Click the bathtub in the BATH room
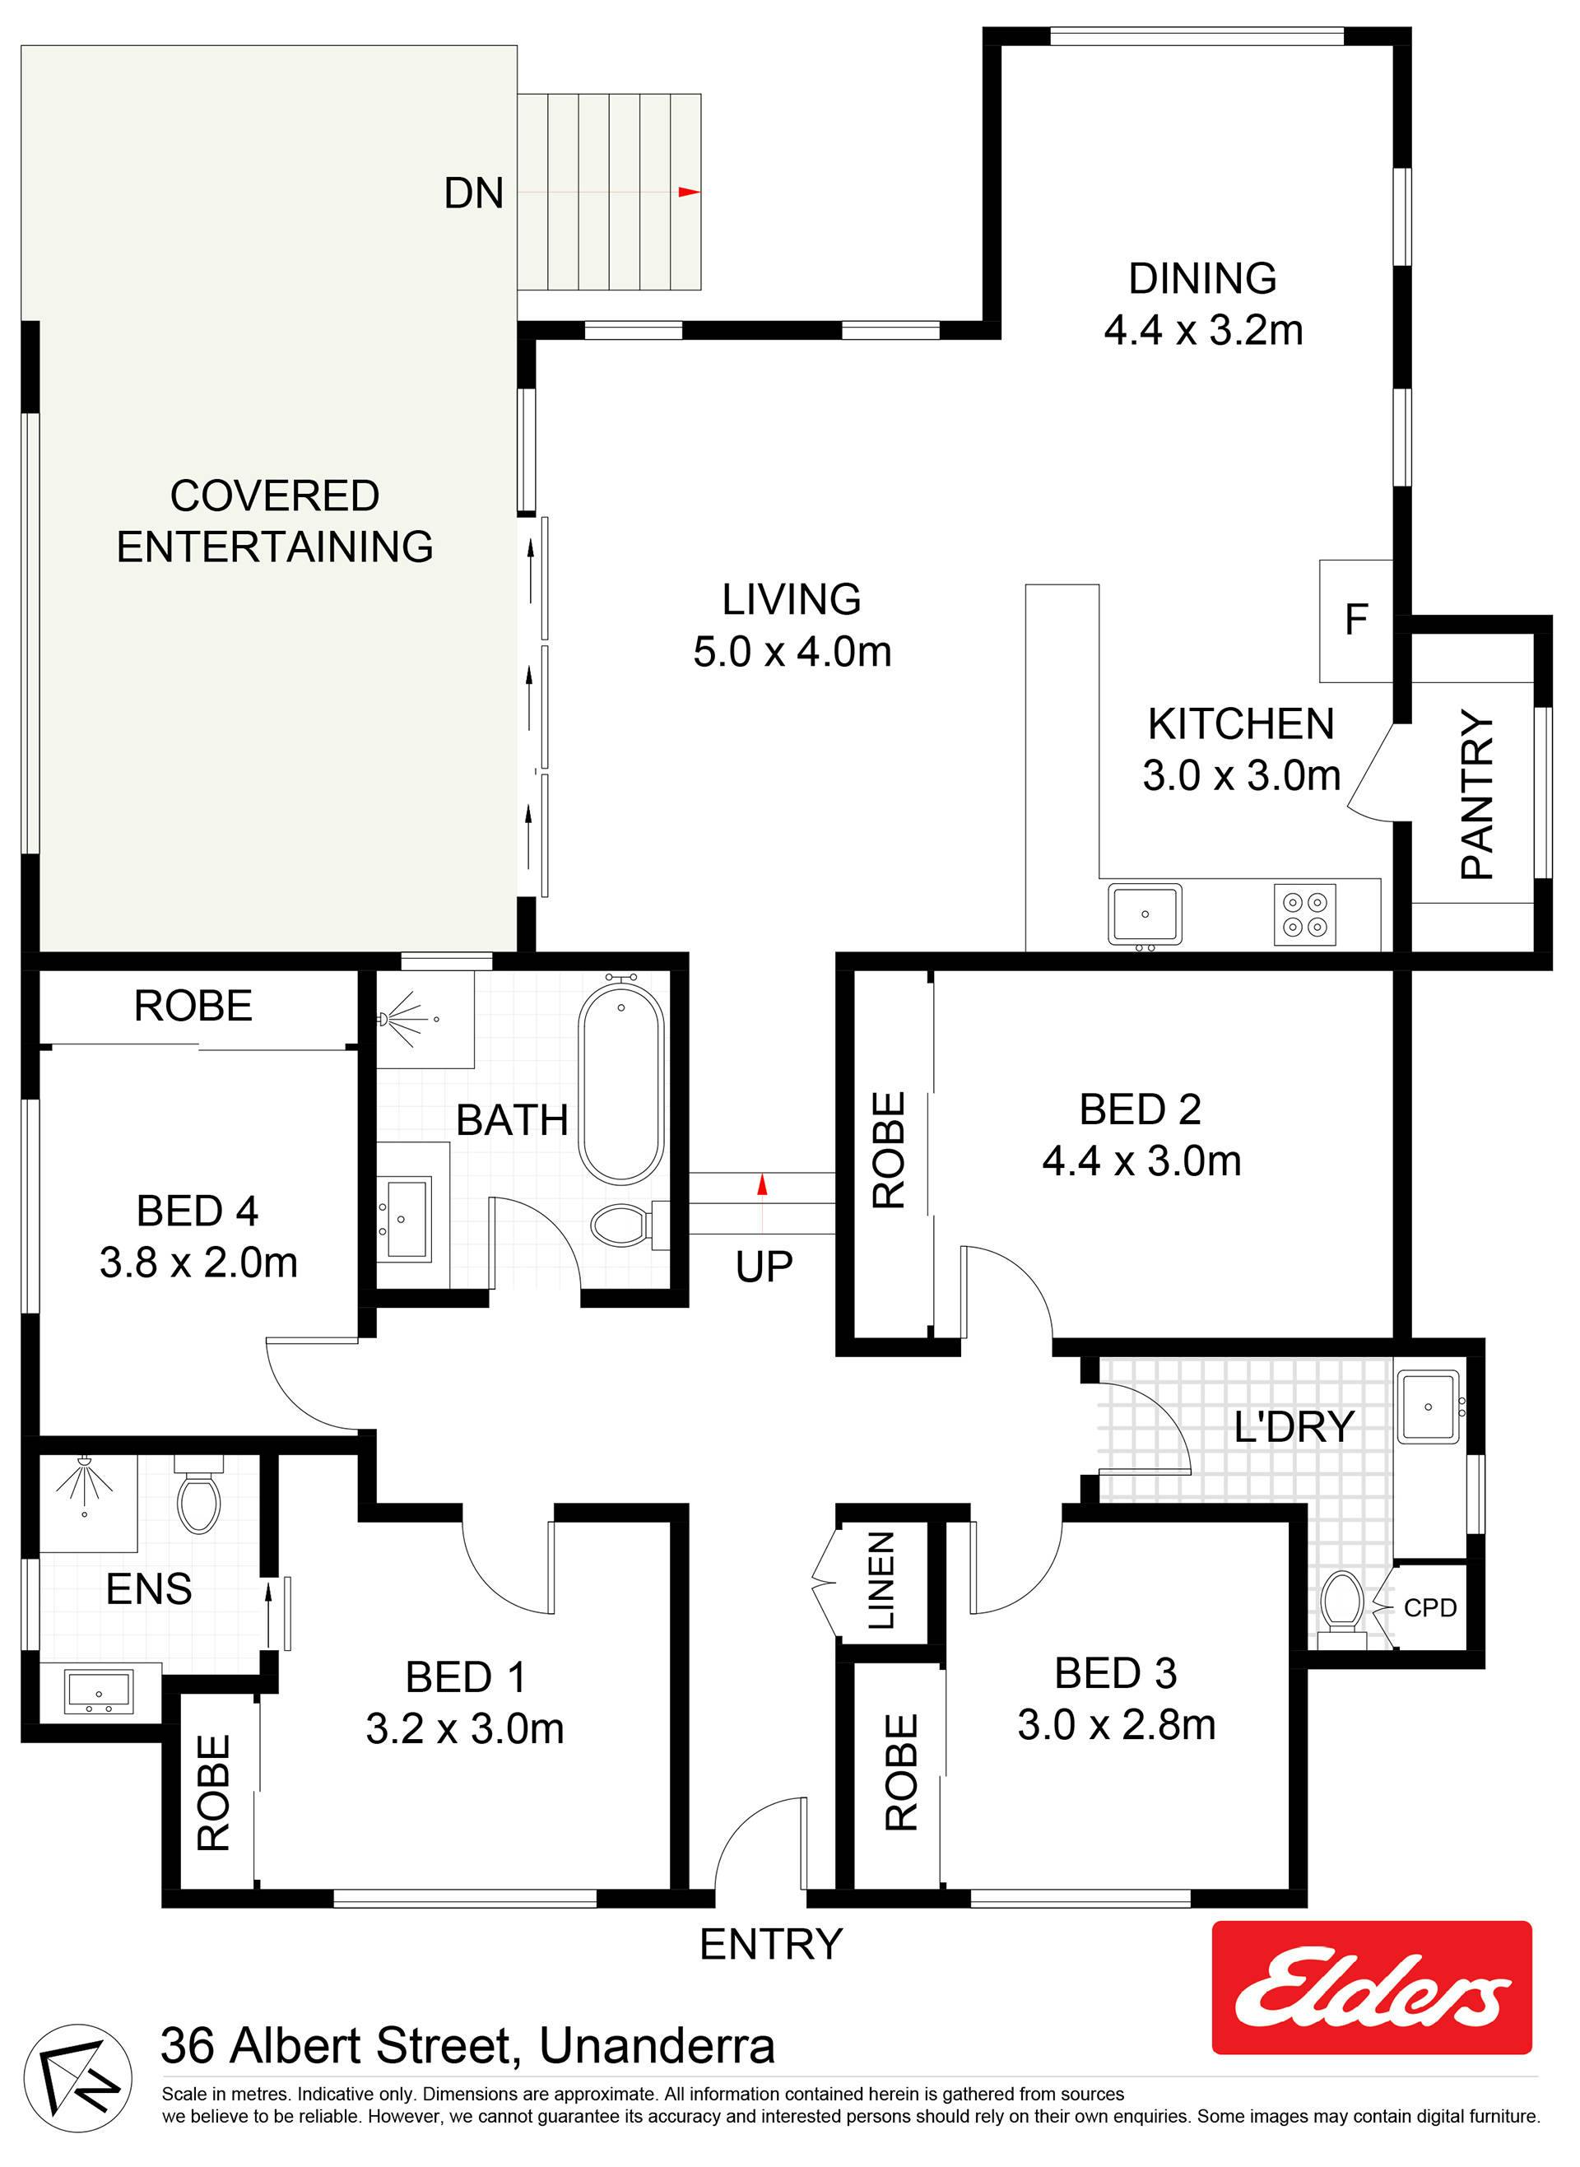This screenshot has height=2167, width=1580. pos(620,1081)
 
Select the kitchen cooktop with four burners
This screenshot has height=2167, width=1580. pos(1304,914)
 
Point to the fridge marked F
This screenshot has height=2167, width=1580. pos(1355,621)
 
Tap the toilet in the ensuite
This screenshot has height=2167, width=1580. pos(199,1494)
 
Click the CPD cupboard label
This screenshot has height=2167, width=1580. pos(1430,1607)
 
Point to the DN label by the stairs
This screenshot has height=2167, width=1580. pos(473,193)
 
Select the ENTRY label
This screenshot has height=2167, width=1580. pos(771,1944)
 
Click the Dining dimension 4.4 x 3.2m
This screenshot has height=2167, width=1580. pos(1203,330)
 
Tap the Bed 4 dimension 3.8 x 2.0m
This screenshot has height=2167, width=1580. pos(198,1263)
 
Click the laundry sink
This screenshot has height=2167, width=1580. pos(1429,1406)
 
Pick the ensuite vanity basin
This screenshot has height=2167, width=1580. pos(100,1690)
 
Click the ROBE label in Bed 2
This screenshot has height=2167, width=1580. pos(889,1151)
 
